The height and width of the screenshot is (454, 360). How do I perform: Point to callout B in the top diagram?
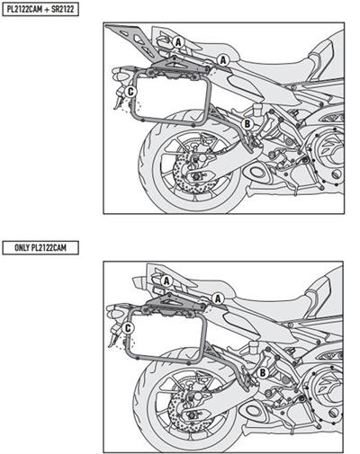[x=247, y=122]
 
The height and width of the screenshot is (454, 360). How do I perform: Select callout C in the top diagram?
[x=130, y=91]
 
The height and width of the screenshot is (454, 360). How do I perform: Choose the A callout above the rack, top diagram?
[x=178, y=41]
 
